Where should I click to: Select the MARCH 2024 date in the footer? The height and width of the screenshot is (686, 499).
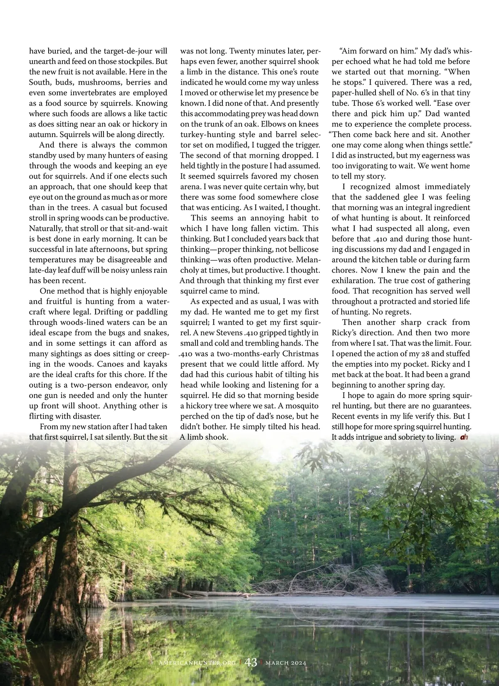pos(286,662)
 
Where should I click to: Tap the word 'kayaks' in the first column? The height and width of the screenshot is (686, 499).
pos(155,364)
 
